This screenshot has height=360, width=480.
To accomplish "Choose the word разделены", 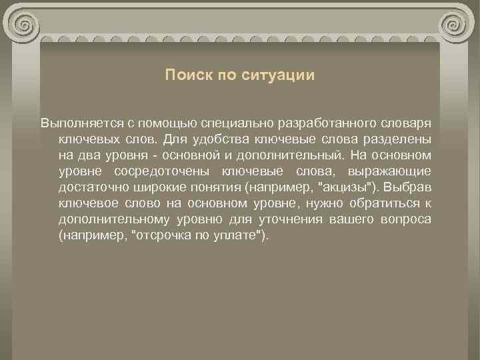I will click(400, 140).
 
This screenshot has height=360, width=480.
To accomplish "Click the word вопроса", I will click(407, 220).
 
